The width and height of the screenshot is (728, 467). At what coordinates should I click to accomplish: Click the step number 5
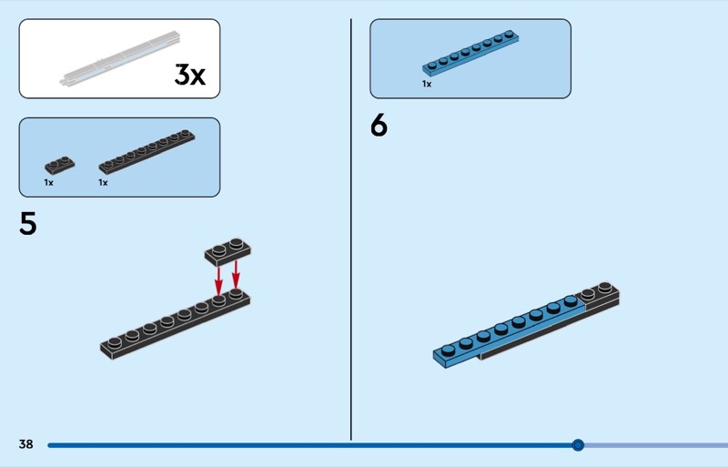pyautogui.click(x=28, y=224)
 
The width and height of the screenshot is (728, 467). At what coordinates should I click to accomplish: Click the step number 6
pyautogui.click(x=379, y=126)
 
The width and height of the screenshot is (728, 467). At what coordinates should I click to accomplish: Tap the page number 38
pyautogui.click(x=25, y=444)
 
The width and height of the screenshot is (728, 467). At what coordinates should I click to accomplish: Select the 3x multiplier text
pyautogui.click(x=189, y=76)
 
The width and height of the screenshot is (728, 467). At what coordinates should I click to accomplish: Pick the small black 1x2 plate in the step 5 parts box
pyautogui.click(x=59, y=166)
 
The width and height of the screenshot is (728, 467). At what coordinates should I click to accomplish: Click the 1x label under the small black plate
pyautogui.click(x=49, y=183)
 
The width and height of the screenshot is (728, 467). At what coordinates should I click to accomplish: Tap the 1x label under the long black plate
pyautogui.click(x=104, y=183)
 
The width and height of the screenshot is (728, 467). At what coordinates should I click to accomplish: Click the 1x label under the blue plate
pyautogui.click(x=427, y=84)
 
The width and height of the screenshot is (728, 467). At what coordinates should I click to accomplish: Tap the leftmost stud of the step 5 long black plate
pyautogui.click(x=114, y=342)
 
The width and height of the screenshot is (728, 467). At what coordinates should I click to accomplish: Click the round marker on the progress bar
pyautogui.click(x=578, y=445)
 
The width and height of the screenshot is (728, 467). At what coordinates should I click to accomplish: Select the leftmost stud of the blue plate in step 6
pyautogui.click(x=448, y=349)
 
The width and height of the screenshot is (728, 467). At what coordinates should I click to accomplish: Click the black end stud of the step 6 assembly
pyautogui.click(x=604, y=289)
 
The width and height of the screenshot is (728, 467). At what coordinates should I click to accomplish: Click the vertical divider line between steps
pyautogui.click(x=351, y=228)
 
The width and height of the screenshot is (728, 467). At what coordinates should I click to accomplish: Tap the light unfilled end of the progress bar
pyautogui.click(x=655, y=445)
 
